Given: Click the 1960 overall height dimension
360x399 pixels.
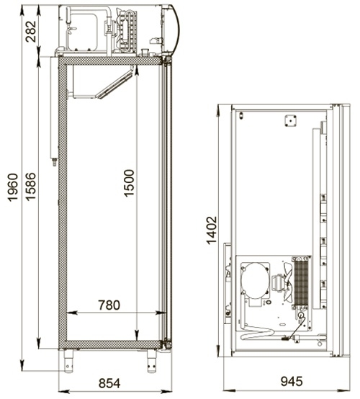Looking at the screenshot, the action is click(x=12, y=187).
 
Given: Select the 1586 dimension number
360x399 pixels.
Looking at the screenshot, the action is click(x=30, y=187).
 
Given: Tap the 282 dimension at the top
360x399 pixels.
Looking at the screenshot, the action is click(x=31, y=31).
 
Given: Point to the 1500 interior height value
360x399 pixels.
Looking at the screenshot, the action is click(x=129, y=183).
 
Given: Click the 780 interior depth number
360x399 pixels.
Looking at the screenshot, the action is click(x=109, y=305).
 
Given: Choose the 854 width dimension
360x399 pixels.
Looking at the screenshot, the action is click(x=109, y=383).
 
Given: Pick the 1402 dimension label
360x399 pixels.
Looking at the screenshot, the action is click(x=212, y=230).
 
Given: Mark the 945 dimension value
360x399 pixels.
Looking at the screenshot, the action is click(x=292, y=381).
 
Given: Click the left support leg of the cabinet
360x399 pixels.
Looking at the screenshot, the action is click(x=68, y=361).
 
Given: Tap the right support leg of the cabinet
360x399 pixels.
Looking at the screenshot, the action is click(x=152, y=361).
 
